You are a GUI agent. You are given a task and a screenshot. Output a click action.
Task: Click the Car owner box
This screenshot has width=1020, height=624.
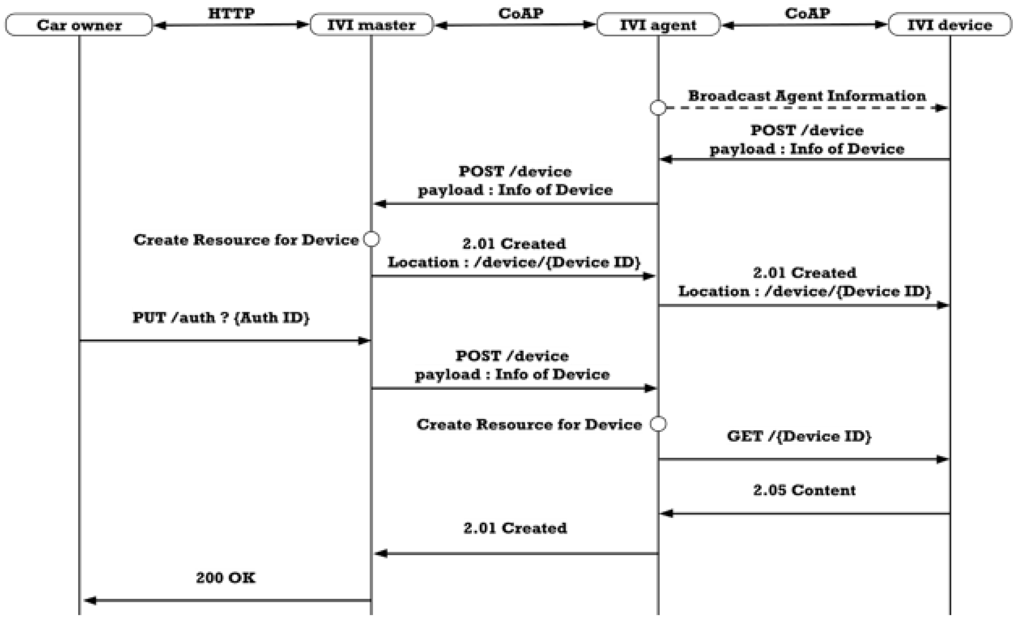pyautogui.click(x=79, y=25)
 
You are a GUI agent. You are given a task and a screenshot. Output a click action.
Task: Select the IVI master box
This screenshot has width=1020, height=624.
pyautogui.click(x=371, y=25)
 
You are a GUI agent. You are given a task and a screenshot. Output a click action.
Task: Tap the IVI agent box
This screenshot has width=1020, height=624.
pyautogui.click(x=658, y=25)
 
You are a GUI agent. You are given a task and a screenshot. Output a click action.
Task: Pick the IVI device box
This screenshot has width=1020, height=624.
pyautogui.click(x=950, y=25)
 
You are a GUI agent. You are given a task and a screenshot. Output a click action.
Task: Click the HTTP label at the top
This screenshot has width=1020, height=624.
pyautogui.click(x=231, y=13)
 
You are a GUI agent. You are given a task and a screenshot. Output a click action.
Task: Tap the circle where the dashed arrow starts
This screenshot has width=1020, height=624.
pyautogui.click(x=658, y=108)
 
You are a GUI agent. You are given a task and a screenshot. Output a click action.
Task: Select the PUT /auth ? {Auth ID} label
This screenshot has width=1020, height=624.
pyautogui.click(x=220, y=318)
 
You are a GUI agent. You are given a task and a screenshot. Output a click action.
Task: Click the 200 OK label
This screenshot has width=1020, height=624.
pyautogui.click(x=226, y=578)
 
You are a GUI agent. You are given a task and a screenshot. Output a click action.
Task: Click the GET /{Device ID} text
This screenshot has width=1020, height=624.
pyautogui.click(x=799, y=436)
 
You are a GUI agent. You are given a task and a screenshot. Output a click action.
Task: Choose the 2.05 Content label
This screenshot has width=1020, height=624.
pyautogui.click(x=804, y=490)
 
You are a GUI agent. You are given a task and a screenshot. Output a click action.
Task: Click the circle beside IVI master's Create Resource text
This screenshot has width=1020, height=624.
pyautogui.click(x=371, y=239)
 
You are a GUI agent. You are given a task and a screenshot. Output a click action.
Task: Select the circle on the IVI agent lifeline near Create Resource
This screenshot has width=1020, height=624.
pyautogui.click(x=658, y=424)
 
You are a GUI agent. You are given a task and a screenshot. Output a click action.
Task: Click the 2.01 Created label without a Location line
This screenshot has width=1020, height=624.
pyautogui.click(x=515, y=528)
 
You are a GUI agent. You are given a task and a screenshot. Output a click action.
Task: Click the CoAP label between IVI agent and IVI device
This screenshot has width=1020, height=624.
pyautogui.click(x=807, y=13)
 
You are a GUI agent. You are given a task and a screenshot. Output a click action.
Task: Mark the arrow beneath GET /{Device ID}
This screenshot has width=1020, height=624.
pyautogui.click(x=803, y=459)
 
